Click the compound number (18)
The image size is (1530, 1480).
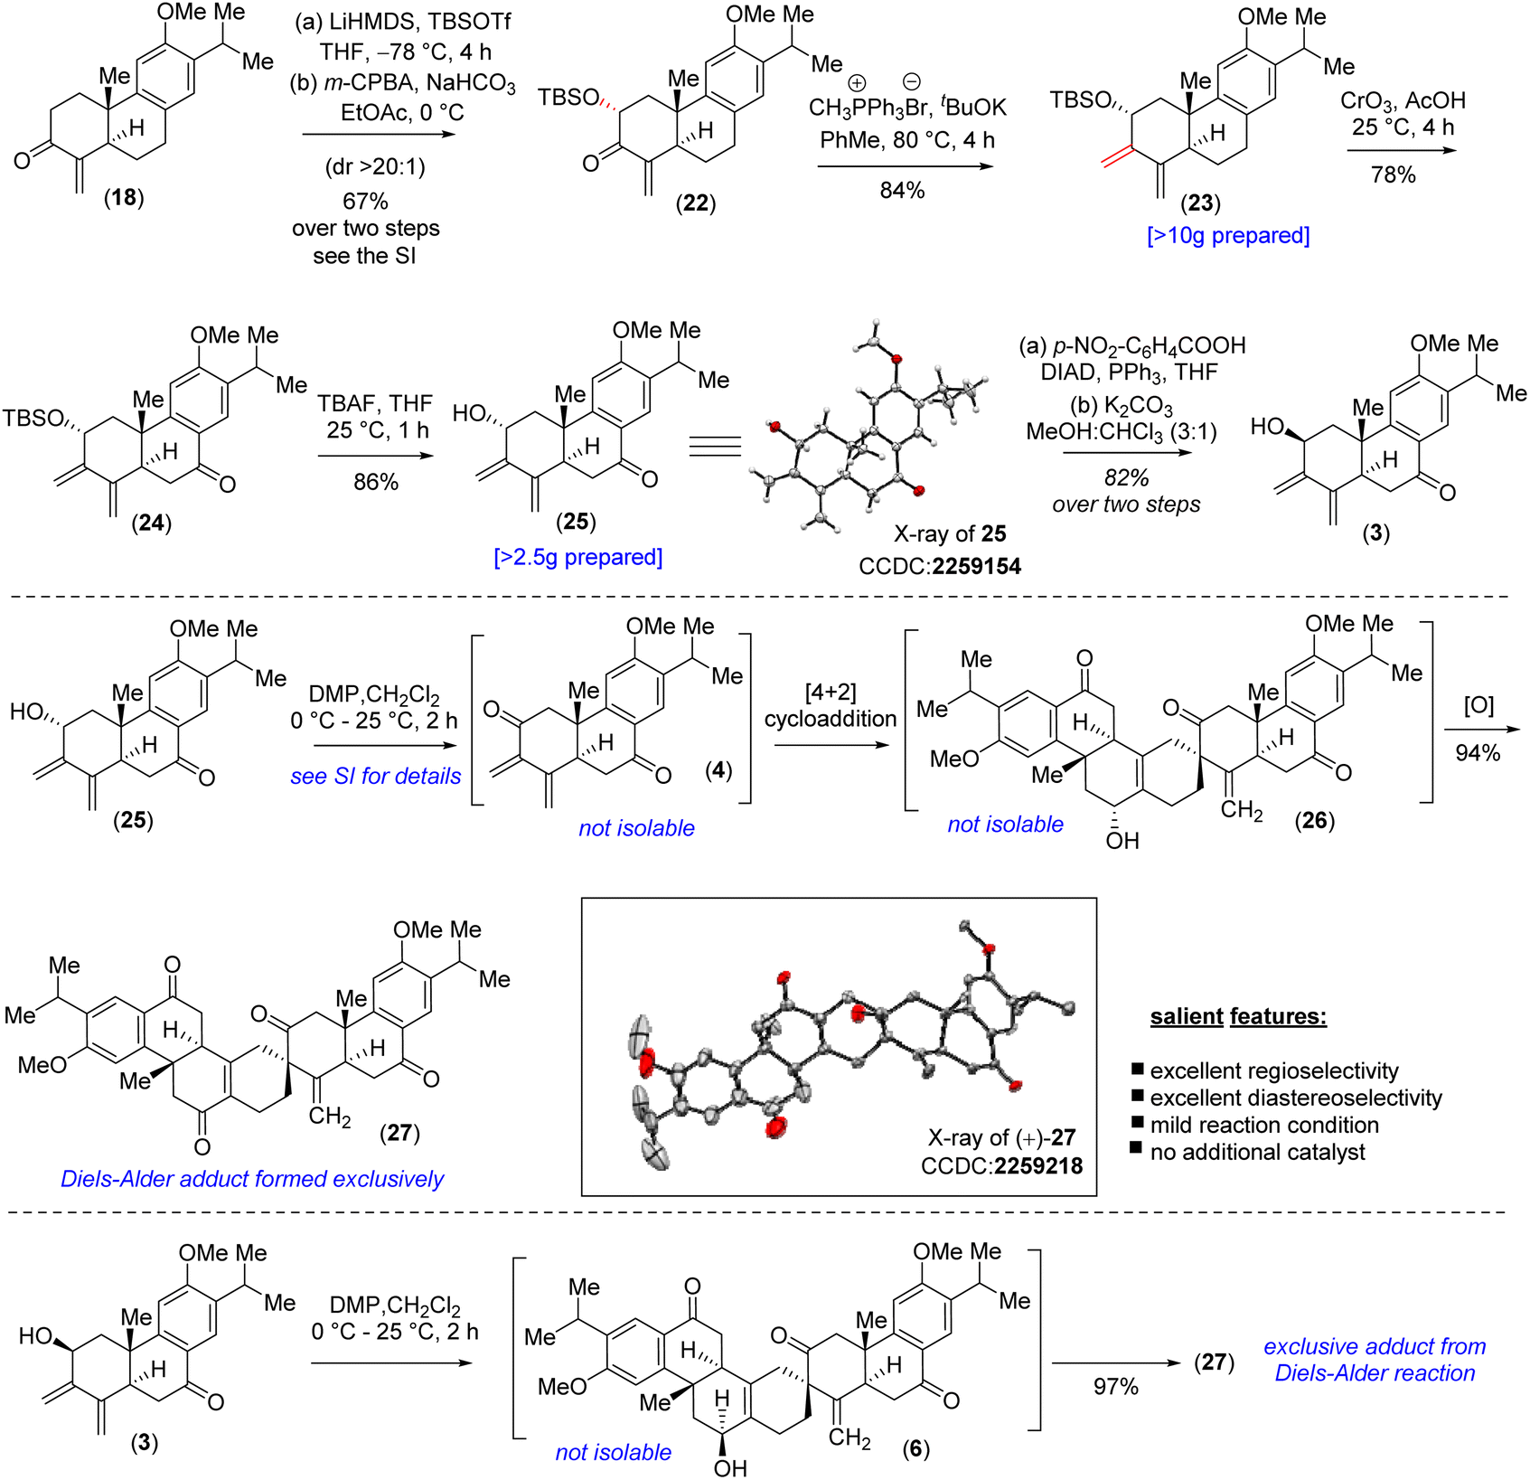tap(124, 198)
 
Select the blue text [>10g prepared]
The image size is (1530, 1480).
tap(1228, 235)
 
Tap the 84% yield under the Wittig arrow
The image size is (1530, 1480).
tap(902, 190)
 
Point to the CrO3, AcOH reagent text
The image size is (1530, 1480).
tap(1403, 100)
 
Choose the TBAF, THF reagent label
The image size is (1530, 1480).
tap(375, 402)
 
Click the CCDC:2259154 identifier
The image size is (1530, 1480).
tap(940, 566)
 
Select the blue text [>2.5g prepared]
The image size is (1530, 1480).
tap(578, 557)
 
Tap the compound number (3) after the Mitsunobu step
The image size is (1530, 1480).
tap(1375, 533)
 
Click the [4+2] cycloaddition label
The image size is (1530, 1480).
tap(831, 705)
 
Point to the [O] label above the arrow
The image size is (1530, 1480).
tap(1478, 705)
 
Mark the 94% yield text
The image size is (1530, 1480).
tap(1478, 752)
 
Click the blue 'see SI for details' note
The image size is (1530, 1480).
tap(376, 776)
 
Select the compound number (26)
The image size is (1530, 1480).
tap(1314, 820)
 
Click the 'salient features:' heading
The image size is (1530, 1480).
tap(1238, 1016)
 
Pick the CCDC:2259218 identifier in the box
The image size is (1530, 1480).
tap(1001, 1165)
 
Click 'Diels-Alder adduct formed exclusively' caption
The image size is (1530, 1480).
tap(252, 1179)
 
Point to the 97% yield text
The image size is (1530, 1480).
tap(1115, 1386)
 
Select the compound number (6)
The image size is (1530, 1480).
tap(915, 1449)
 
